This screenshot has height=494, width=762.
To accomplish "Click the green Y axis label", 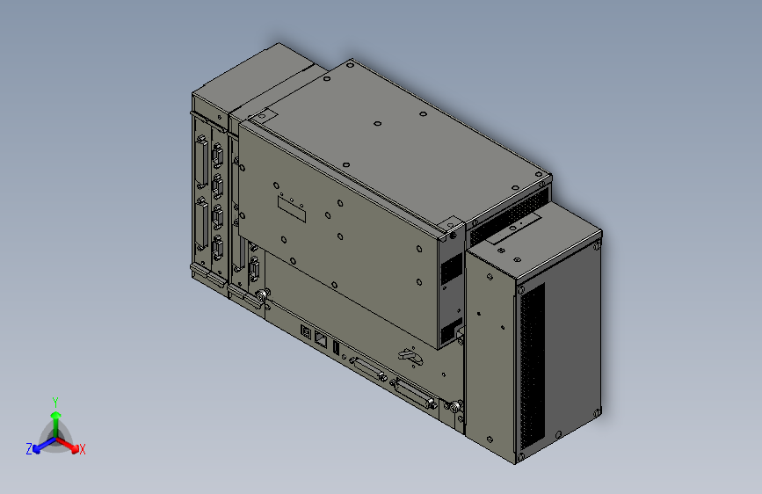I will (54, 401).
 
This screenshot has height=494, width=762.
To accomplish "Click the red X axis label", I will (83, 450).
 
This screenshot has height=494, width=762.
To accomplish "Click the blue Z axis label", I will (29, 449).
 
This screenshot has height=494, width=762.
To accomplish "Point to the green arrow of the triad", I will (55, 419).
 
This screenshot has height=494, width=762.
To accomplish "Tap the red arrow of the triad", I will (69, 443).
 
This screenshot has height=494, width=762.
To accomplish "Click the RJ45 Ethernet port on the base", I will (320, 336).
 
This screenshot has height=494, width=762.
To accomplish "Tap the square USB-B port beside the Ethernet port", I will (306, 331).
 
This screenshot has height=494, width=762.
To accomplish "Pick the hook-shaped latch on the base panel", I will (409, 356).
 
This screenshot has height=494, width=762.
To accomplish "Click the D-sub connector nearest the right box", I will (416, 393).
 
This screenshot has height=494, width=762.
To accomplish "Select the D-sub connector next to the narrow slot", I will (366, 368).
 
